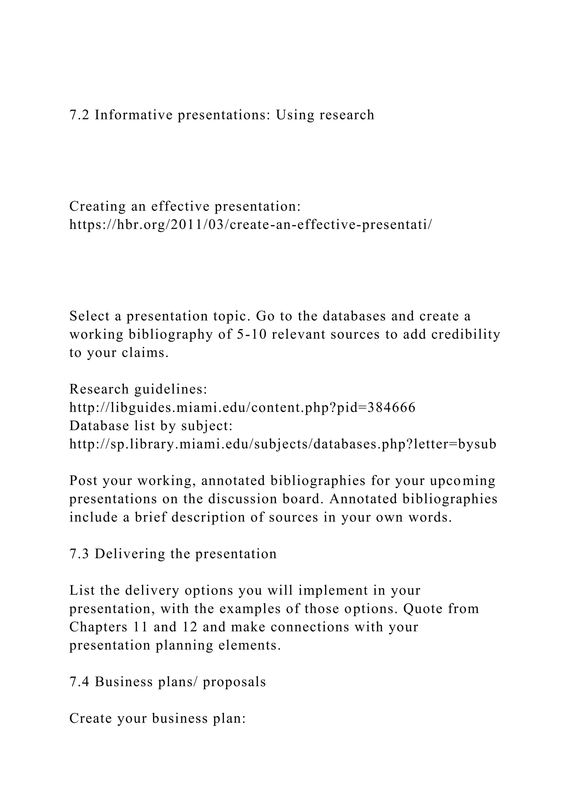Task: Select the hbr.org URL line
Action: (250, 225)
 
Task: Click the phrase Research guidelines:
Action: (138, 389)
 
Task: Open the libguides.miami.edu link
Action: (242, 408)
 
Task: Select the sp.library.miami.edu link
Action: (283, 444)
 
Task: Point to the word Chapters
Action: (98, 627)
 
